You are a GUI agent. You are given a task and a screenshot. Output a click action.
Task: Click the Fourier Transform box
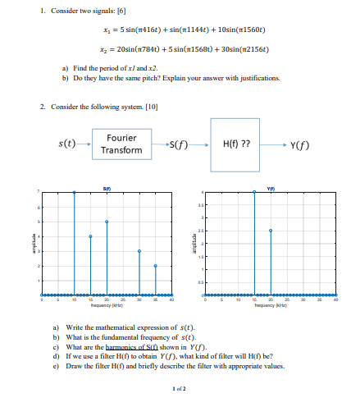(x=121, y=144)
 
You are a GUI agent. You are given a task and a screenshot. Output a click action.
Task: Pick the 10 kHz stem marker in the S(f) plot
(x=74, y=192)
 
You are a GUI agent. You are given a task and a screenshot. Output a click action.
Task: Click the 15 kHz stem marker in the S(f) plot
(x=90, y=236)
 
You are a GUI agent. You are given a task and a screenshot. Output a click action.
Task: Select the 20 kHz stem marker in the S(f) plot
(x=107, y=222)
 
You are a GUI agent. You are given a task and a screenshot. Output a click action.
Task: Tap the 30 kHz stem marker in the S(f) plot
(x=139, y=251)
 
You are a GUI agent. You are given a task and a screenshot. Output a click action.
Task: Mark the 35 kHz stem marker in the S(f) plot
(x=156, y=266)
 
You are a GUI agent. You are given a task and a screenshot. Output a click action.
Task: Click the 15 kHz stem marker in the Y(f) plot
(x=254, y=192)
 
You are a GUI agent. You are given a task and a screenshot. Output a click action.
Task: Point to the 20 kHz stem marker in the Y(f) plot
(x=271, y=231)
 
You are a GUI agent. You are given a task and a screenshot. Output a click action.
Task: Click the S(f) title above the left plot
(x=107, y=188)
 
